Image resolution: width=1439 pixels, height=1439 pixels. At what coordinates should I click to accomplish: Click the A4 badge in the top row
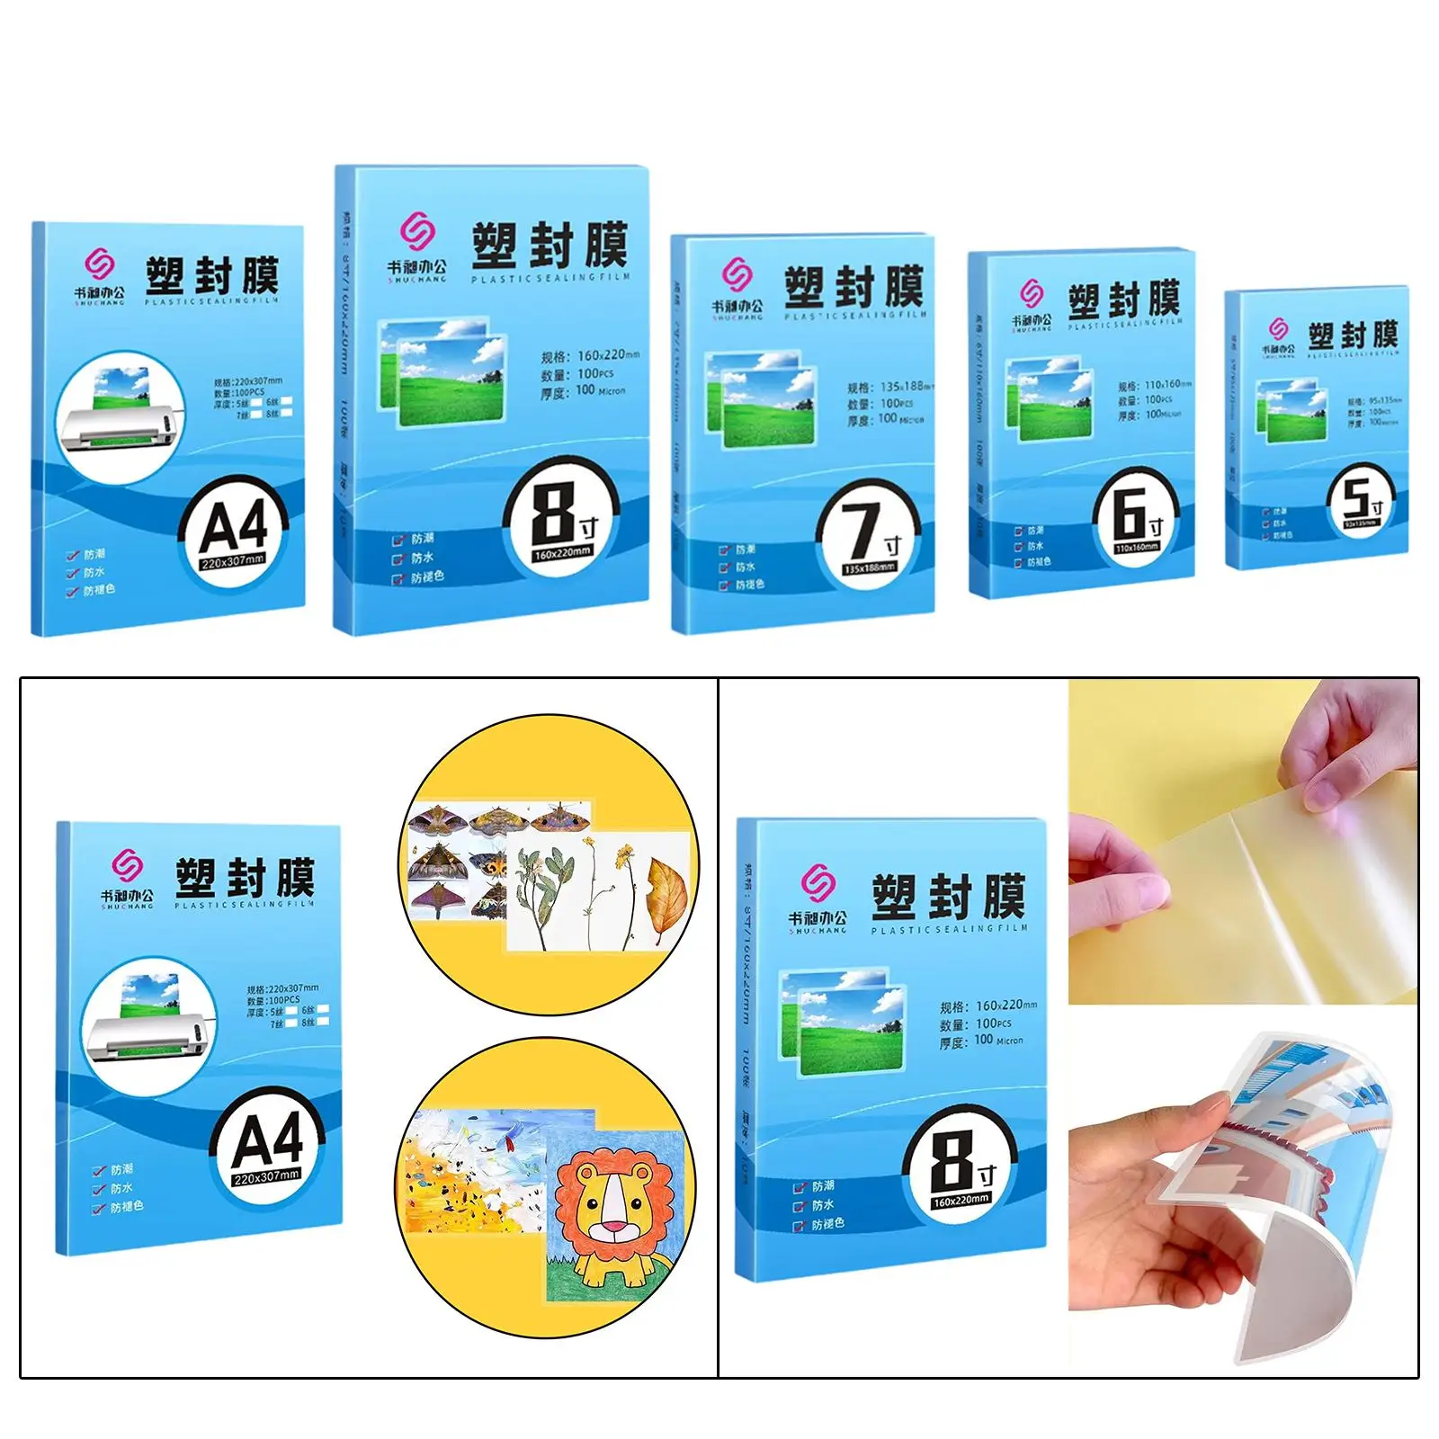pyautogui.click(x=234, y=533)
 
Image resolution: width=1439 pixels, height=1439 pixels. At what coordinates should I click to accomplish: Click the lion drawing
pyautogui.click(x=614, y=1214)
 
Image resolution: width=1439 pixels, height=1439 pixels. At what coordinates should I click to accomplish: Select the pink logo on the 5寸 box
pyautogui.click(x=1278, y=328)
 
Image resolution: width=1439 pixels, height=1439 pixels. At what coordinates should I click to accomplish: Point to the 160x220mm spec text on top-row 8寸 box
pyautogui.click(x=589, y=355)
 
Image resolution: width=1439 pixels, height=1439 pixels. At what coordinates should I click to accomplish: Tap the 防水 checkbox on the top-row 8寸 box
pyautogui.click(x=398, y=559)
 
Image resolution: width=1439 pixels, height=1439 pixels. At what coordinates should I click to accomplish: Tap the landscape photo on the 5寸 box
pyautogui.click(x=1292, y=411)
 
